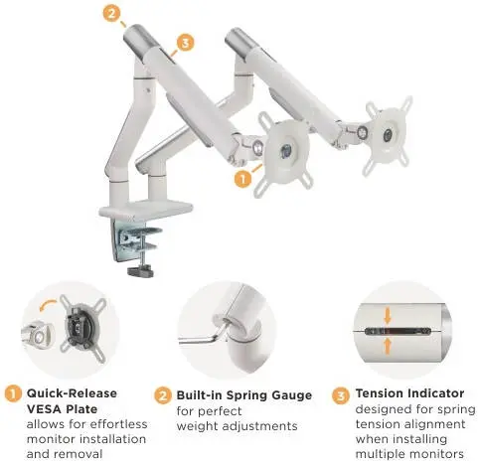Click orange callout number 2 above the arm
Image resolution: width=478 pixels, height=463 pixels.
pos(111,14)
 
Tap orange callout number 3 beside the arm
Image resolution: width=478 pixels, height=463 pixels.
pos(185,43)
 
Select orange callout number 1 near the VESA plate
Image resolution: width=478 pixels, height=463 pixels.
pos(242,179)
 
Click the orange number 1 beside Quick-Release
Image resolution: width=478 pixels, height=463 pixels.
pos(13,394)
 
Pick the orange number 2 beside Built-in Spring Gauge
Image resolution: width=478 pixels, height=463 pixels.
pos(163,395)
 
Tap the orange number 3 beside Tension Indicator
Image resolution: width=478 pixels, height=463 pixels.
pos(341,395)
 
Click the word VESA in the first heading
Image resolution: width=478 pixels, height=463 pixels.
pos(42,409)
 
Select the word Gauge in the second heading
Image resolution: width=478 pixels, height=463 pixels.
pos(291,395)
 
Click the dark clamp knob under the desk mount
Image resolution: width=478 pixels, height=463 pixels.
pos(141,272)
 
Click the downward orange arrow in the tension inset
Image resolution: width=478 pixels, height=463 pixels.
pos(388,317)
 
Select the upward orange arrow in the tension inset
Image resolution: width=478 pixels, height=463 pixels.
pos(388,346)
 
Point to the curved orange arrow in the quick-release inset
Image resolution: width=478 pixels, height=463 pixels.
pos(49,305)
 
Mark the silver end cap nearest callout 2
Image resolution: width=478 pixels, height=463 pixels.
pos(138,38)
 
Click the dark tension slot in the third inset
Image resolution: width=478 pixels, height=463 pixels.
pos(398,331)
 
